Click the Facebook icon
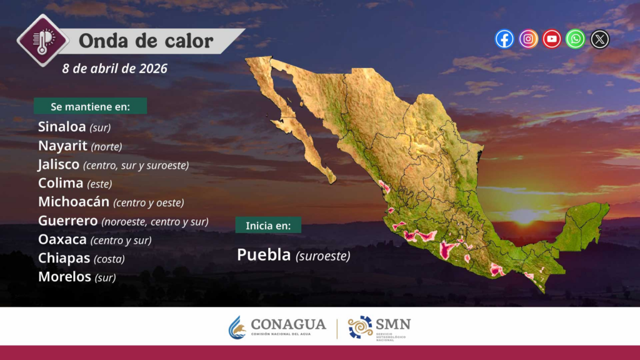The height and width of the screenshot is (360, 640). click(x=504, y=39)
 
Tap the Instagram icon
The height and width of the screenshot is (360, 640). click(x=528, y=39)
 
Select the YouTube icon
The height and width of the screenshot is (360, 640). click(x=552, y=39)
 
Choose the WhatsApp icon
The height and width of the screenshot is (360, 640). click(x=576, y=39)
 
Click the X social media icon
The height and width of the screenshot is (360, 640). click(x=599, y=39)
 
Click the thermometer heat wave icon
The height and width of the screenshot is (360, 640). click(x=42, y=41)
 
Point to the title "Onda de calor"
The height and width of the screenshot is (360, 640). click(x=146, y=41)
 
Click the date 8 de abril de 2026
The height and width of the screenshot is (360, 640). click(x=115, y=69)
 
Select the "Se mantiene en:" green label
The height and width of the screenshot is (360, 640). click(x=90, y=106)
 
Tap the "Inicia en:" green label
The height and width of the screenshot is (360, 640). click(x=268, y=225)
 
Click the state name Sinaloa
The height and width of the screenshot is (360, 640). click(x=62, y=126)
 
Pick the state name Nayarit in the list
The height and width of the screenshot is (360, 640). click(x=62, y=145)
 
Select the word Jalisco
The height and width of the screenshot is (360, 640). click(x=58, y=164)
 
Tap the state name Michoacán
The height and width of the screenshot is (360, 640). click(x=74, y=202)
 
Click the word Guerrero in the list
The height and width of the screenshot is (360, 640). click(x=67, y=221)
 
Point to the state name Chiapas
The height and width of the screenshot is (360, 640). click(x=64, y=258)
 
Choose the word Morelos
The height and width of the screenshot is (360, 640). click(x=64, y=277)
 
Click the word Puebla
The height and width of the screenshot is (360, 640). click(x=264, y=255)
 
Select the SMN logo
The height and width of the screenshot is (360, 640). click(x=379, y=327)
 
